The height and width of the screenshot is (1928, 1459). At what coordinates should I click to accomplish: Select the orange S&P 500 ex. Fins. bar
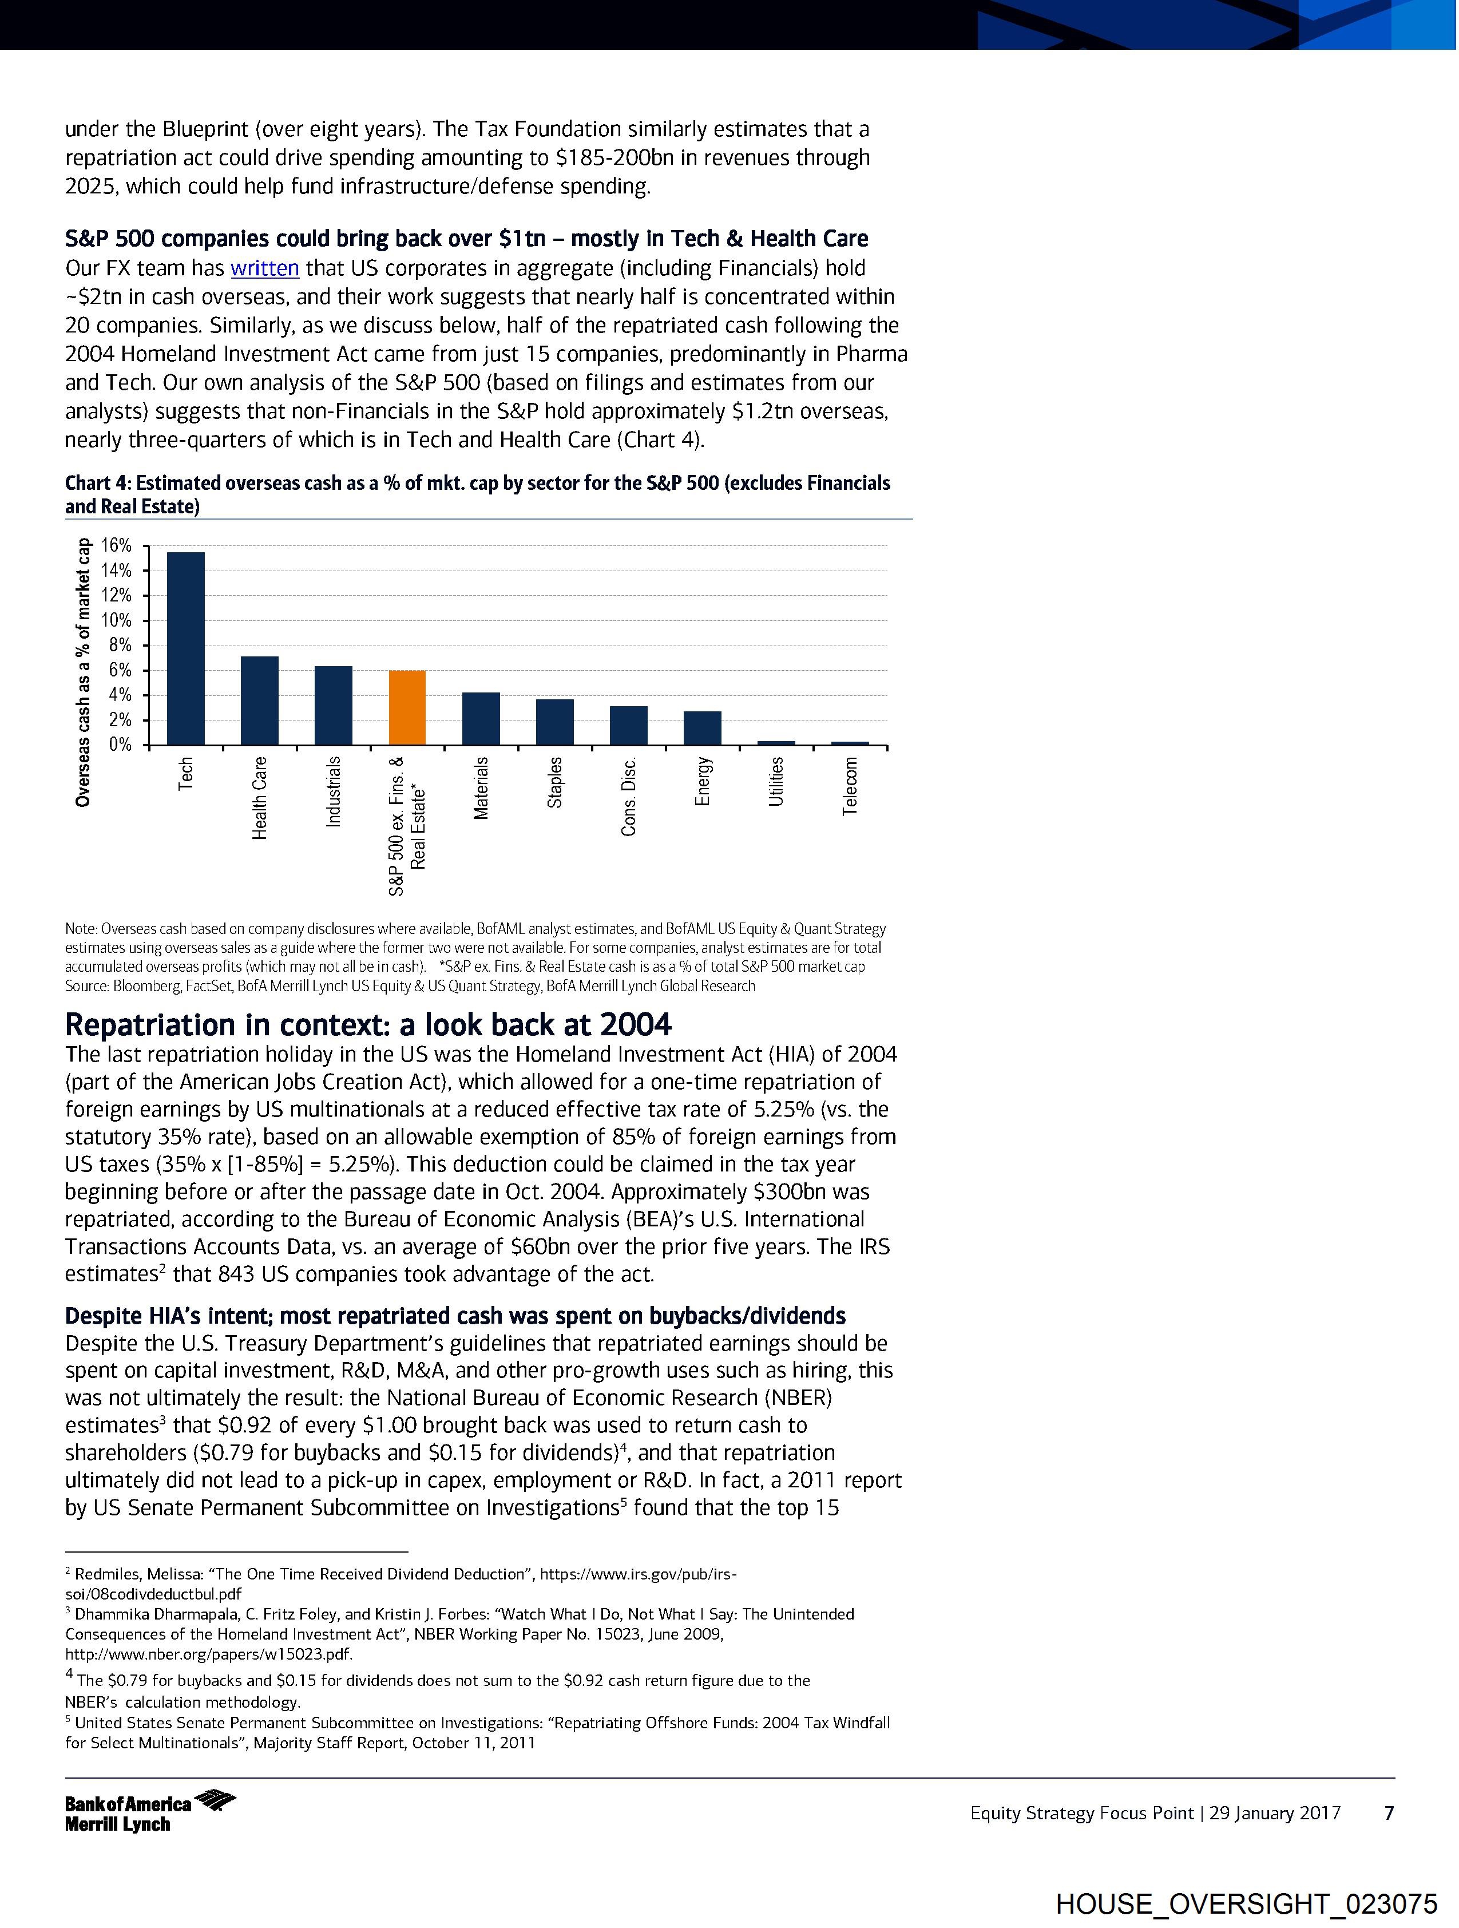pyautogui.click(x=407, y=708)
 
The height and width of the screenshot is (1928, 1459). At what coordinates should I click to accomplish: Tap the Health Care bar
pyautogui.click(x=260, y=701)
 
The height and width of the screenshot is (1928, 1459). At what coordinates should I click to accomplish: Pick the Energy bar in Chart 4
pyautogui.click(x=703, y=729)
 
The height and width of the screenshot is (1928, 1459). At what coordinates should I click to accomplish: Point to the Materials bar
pyautogui.click(x=481, y=719)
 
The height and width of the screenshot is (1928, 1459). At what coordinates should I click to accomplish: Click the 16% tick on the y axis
pyautogui.click(x=117, y=545)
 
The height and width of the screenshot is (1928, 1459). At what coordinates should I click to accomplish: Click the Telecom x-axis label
pyautogui.click(x=851, y=786)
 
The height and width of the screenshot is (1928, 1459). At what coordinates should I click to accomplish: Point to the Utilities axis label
pyautogui.click(x=776, y=782)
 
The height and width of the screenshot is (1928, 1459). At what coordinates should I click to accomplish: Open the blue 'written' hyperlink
pyautogui.click(x=265, y=268)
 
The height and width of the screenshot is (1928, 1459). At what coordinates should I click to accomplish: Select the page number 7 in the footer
pyautogui.click(x=1389, y=1814)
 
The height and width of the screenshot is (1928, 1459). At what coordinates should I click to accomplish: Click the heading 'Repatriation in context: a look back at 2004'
pyautogui.click(x=368, y=1024)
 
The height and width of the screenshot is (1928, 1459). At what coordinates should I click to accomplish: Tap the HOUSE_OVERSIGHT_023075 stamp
pyautogui.click(x=1246, y=1903)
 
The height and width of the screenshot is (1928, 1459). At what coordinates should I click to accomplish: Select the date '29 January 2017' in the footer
pyautogui.click(x=1275, y=1814)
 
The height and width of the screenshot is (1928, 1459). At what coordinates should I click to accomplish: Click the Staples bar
pyautogui.click(x=555, y=723)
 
